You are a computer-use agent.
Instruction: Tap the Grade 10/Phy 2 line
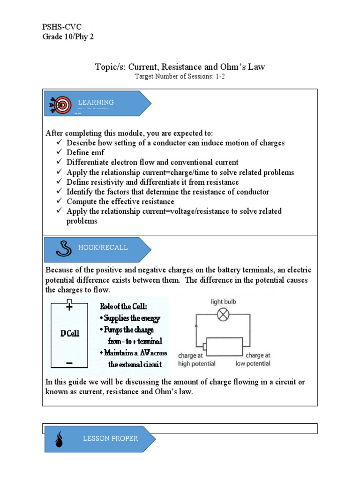pyautogui.click(x=68, y=37)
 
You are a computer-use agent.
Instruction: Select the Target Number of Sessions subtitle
pyautogui.click(x=180, y=76)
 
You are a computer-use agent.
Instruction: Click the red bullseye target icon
pyautogui.click(x=59, y=105)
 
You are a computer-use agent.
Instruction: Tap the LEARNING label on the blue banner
pyautogui.click(x=96, y=102)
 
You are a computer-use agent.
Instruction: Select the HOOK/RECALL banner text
pyautogui.click(x=103, y=247)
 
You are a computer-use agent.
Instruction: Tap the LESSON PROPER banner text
pyautogui.click(x=110, y=439)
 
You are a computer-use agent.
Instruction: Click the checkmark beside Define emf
pyautogui.click(x=59, y=152)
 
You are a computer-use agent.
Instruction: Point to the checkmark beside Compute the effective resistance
pyautogui.click(x=59, y=201)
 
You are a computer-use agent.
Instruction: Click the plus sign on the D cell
pyautogui.click(x=69, y=307)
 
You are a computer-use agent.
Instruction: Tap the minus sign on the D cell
pyautogui.click(x=69, y=363)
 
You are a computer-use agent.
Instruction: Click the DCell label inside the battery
pyautogui.click(x=70, y=334)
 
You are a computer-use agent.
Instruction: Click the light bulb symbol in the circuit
pyautogui.click(x=224, y=315)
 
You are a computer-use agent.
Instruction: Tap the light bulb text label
pyautogui.click(x=224, y=302)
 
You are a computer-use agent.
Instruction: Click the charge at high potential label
pyautogui.click(x=197, y=360)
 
